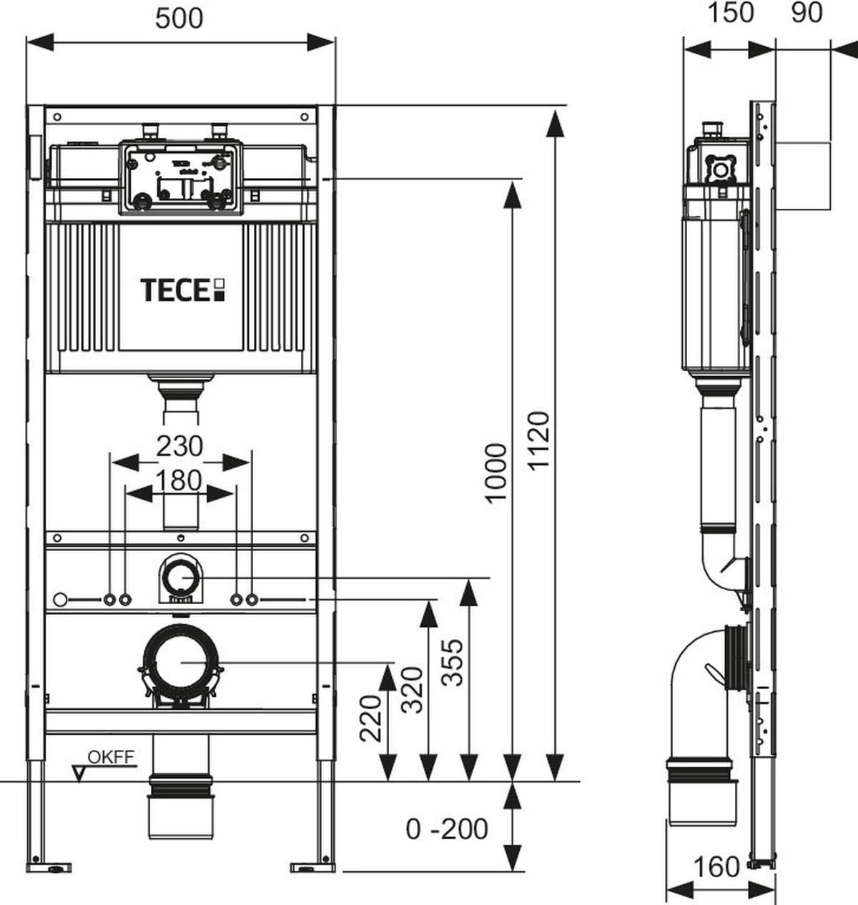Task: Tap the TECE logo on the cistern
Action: (182, 290)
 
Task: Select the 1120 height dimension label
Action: (538, 440)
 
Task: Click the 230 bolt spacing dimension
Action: (179, 446)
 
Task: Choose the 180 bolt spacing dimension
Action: (179, 480)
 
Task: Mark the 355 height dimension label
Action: (453, 663)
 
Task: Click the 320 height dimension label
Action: (413, 690)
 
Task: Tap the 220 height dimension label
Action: (371, 718)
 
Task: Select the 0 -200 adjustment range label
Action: (447, 829)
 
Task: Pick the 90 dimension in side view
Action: (807, 13)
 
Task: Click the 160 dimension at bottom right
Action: (716, 867)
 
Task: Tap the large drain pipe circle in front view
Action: (181, 663)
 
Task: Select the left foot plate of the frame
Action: (49, 868)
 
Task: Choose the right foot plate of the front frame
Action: (312, 868)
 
